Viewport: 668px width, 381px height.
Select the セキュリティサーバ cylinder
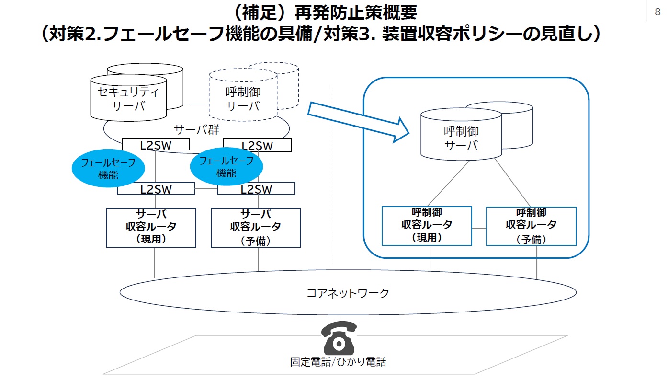128,98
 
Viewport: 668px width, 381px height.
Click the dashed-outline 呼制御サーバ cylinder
243,98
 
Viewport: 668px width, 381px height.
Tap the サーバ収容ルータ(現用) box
151,228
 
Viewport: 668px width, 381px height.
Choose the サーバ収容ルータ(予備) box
255,228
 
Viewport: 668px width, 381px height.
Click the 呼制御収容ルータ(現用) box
426,226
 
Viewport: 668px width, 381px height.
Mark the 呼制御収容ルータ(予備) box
531,226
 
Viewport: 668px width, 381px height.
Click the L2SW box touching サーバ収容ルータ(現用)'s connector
156,189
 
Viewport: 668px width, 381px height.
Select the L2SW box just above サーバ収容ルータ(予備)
256,189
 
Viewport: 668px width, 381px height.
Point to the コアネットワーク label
348,293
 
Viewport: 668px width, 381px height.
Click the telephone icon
340,337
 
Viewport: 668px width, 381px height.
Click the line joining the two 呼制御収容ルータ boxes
479,228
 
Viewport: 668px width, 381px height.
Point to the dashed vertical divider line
332,192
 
